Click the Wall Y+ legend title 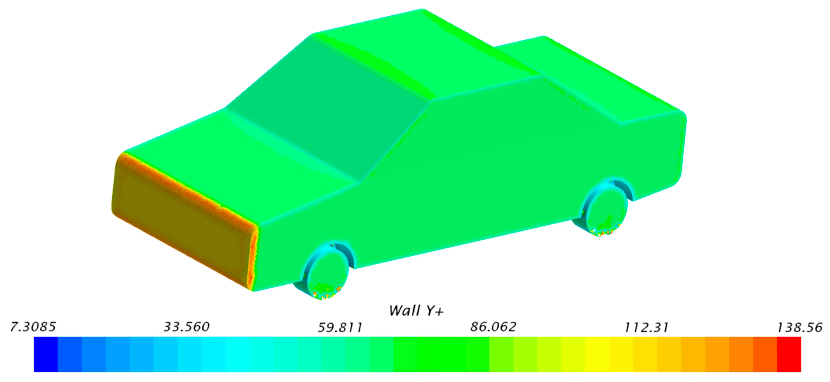pos(416,311)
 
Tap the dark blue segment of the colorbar pos(46,354)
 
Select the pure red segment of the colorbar pos(789,354)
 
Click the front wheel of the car pos(327,271)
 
